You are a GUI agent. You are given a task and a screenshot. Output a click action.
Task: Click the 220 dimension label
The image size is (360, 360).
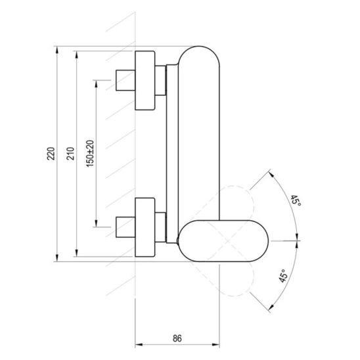click(51, 154)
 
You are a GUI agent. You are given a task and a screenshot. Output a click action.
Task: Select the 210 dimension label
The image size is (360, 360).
click(70, 154)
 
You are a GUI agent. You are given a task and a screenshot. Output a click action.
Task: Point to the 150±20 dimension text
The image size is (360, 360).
click(90, 153)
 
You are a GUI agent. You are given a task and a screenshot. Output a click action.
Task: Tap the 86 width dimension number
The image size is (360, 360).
click(177, 338)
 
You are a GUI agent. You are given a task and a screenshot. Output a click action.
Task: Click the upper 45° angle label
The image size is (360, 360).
click(296, 200)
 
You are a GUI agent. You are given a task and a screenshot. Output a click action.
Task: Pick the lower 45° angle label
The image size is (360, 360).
click(283, 276)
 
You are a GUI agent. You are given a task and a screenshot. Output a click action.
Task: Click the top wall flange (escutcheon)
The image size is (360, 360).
click(145, 80)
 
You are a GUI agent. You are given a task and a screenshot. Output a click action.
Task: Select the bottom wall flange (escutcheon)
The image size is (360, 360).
click(145, 227)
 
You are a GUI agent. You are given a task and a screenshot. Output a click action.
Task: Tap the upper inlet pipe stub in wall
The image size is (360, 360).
click(125, 80)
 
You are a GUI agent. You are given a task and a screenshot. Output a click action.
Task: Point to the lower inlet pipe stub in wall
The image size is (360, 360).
click(125, 227)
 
